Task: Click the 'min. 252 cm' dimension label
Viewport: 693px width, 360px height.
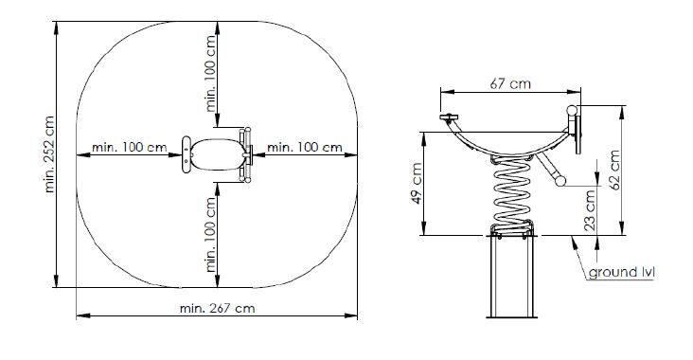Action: (49, 153)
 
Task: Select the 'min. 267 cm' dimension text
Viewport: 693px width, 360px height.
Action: (217, 308)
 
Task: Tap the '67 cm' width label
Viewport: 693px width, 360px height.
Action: (510, 83)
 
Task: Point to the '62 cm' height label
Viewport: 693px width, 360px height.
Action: (614, 170)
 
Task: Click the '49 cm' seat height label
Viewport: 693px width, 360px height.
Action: (417, 183)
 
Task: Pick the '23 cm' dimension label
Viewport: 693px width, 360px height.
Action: (591, 210)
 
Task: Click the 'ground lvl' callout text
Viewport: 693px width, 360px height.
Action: (621, 272)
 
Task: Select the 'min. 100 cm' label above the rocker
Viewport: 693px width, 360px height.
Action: (211, 73)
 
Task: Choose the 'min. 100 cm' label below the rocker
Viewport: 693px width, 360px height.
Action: (211, 234)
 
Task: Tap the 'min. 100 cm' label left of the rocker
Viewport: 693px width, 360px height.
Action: (129, 147)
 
